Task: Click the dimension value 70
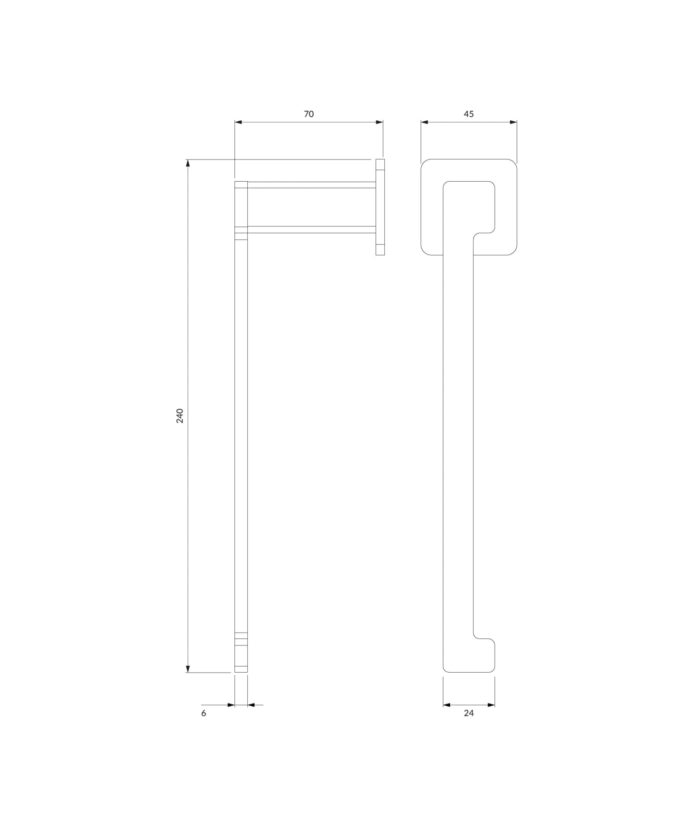(309, 114)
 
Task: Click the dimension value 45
(469, 114)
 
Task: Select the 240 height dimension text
(180, 416)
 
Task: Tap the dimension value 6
(204, 713)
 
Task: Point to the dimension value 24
(469, 713)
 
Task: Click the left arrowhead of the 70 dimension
(239, 122)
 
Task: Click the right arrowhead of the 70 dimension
(379, 122)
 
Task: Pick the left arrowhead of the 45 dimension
(425, 122)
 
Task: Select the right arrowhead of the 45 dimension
(513, 122)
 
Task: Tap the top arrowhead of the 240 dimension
(188, 163)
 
